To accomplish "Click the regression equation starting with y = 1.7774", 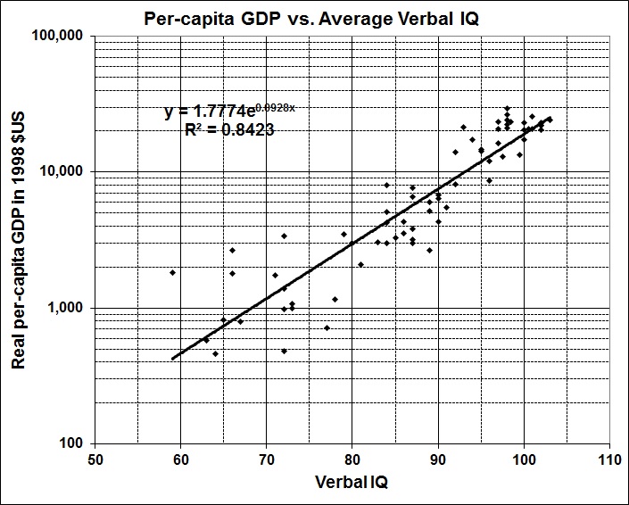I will point(230,112).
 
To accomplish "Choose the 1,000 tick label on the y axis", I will point(68,308).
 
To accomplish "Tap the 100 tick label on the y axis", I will point(73,443).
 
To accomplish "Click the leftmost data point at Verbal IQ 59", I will point(172,272).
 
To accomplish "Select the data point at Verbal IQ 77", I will point(327,327).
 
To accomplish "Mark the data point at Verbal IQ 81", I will point(360,264).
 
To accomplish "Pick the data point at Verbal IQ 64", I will point(215,353).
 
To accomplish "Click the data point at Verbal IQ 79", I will point(343,234).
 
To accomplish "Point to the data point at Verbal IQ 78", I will point(335,299).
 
